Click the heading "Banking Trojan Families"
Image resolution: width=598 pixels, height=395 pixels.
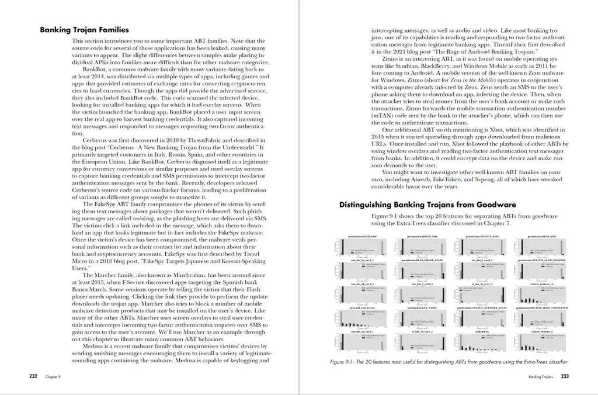[84, 30]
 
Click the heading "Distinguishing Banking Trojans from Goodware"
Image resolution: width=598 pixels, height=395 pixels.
[427, 205]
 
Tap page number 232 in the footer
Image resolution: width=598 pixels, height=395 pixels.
[33, 376]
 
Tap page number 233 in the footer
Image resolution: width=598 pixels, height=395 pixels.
[565, 376]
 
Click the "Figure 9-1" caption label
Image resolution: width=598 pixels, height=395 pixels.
[345, 362]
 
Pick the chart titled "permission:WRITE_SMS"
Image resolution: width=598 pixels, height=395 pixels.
[422, 236]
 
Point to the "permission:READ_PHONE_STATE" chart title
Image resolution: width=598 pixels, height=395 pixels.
[422, 260]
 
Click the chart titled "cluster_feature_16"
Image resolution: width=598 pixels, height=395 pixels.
[541, 284]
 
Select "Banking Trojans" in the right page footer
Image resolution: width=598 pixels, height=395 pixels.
[540, 377]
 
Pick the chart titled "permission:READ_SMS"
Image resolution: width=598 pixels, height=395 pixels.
[541, 236]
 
